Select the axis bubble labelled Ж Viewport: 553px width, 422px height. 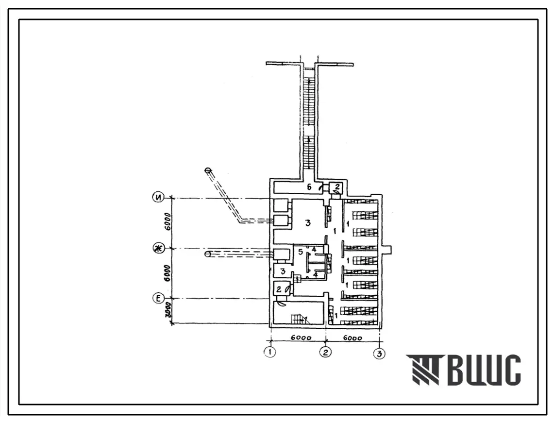pyautogui.click(x=158, y=248)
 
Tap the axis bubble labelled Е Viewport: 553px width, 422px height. pyautogui.click(x=158, y=299)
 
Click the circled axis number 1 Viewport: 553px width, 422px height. pyautogui.click(x=270, y=352)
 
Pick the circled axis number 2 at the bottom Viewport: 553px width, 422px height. pyautogui.click(x=325, y=352)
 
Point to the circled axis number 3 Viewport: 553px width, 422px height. pyautogui.click(x=380, y=353)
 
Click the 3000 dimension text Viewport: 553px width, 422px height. pyautogui.click(x=169, y=310)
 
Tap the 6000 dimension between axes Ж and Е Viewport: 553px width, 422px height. pyautogui.click(x=168, y=273)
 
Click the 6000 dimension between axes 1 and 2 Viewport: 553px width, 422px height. pyautogui.click(x=302, y=338)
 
